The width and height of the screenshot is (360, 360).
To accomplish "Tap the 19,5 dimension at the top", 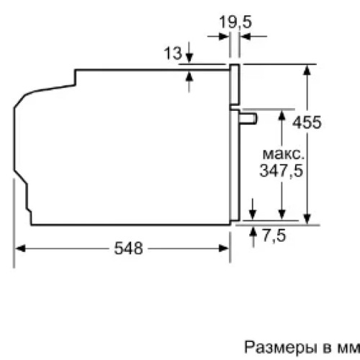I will tap(235, 22).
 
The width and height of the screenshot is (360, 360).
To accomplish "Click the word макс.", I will tap(282, 155).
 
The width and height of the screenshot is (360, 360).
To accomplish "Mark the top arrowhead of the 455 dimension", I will tap(307, 69).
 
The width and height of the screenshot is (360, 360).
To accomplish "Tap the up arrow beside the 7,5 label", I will tap(253, 232).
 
